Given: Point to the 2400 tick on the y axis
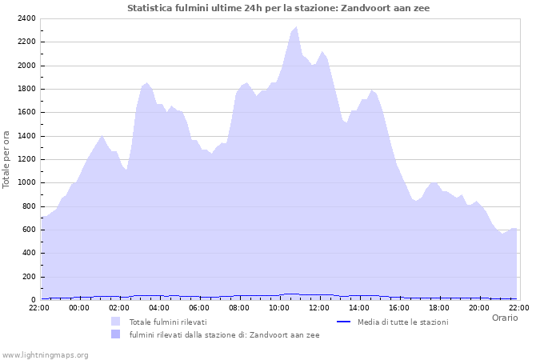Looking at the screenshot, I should tap(26, 18).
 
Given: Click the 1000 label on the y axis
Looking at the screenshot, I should tap(26, 182).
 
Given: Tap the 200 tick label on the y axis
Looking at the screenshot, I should tap(28, 276).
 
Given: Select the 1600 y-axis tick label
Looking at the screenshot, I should tap(26, 112).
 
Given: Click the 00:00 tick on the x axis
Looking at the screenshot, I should tap(79, 306).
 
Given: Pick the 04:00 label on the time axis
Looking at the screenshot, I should tap(159, 306).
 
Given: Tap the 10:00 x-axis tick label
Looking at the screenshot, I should tap(279, 306).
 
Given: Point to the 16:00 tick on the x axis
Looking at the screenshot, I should tap(399, 306).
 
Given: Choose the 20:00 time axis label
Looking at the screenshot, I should tap(479, 306).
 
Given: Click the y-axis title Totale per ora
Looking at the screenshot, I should tap(7, 159).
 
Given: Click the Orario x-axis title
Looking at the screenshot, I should tap(505, 318).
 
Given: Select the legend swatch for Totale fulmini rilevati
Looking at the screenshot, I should tap(116, 322).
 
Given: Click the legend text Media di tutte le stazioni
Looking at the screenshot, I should tap(402, 322).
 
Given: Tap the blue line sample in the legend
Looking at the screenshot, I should tap(344, 322).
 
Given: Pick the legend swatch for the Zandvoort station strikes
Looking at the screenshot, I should tap(116, 334).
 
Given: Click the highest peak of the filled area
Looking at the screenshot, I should tap(297, 27).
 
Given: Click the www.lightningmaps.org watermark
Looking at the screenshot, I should tap(44, 354).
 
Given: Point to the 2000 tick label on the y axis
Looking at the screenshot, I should tap(26, 66).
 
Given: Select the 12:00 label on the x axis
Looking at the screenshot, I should tap(319, 306).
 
